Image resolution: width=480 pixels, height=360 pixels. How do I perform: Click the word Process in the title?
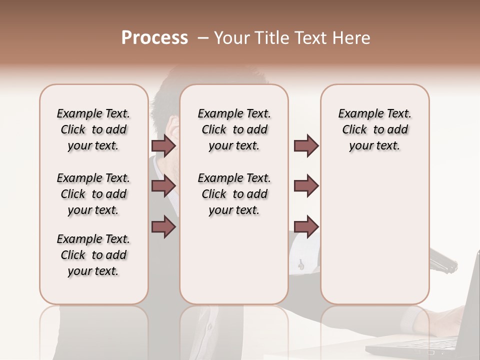(x=154, y=38)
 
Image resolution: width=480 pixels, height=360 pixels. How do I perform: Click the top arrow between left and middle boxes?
(x=163, y=145)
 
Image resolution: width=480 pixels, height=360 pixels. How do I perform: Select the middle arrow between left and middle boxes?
(x=163, y=186)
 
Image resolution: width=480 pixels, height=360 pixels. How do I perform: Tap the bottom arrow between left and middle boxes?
(x=163, y=226)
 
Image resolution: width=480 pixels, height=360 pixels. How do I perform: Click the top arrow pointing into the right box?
(x=306, y=145)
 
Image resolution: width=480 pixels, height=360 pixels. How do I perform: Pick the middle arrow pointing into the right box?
(x=306, y=186)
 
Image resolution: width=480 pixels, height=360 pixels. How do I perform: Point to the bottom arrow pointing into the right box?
(x=306, y=226)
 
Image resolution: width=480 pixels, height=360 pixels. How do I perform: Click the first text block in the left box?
(x=93, y=129)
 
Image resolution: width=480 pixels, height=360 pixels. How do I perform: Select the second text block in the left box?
(x=93, y=194)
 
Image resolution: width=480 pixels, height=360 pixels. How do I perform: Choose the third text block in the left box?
(x=93, y=255)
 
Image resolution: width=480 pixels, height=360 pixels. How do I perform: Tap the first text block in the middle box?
(x=234, y=129)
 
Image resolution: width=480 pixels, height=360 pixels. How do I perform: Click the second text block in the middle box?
(x=234, y=194)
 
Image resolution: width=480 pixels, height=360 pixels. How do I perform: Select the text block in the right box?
(x=374, y=129)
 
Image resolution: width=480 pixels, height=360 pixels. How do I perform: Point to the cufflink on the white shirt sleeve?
(x=301, y=264)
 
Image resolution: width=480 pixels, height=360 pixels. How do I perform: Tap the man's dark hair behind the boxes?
(x=165, y=100)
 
